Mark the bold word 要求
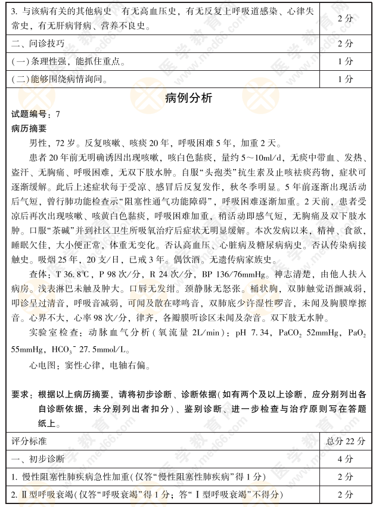pyautogui.click(x=21, y=395)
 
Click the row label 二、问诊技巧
pyautogui.click(x=39, y=43)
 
